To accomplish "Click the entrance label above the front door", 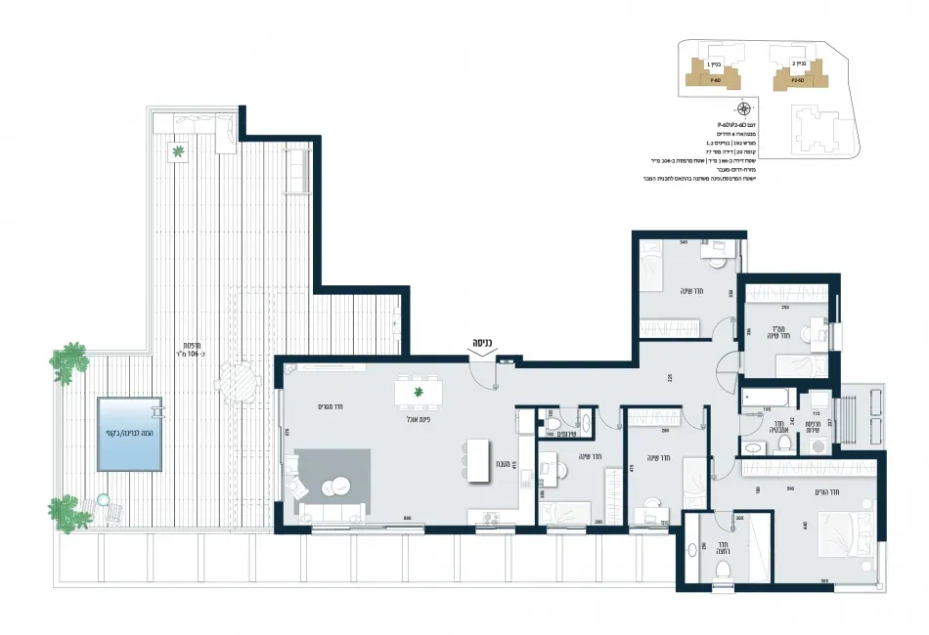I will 481,344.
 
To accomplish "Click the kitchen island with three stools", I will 478,459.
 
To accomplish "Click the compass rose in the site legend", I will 744,108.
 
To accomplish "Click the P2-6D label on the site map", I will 797,81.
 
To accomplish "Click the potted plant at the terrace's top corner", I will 178,151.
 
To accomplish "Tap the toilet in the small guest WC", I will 552,424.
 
